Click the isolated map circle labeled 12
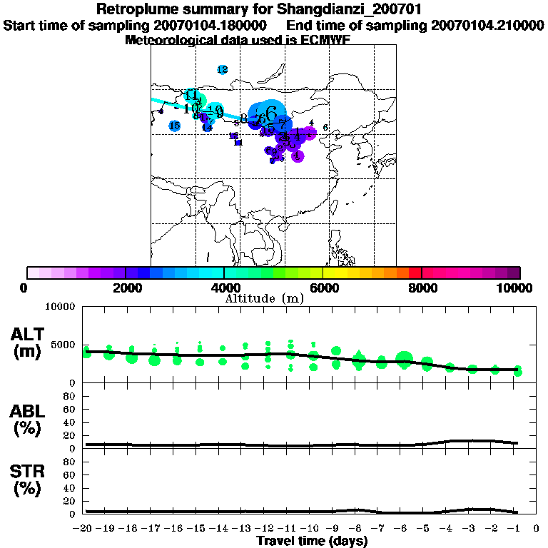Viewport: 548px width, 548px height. tap(222, 69)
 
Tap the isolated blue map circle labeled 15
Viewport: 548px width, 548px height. tap(175, 126)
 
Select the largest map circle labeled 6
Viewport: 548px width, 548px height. tap(269, 113)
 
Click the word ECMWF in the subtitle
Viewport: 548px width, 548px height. tap(328, 40)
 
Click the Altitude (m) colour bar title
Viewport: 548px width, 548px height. tap(265, 298)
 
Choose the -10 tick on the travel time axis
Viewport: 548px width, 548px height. tap(311, 529)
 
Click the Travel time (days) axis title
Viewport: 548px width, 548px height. tap(312, 541)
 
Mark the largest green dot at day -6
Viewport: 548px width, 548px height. tap(405, 359)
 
